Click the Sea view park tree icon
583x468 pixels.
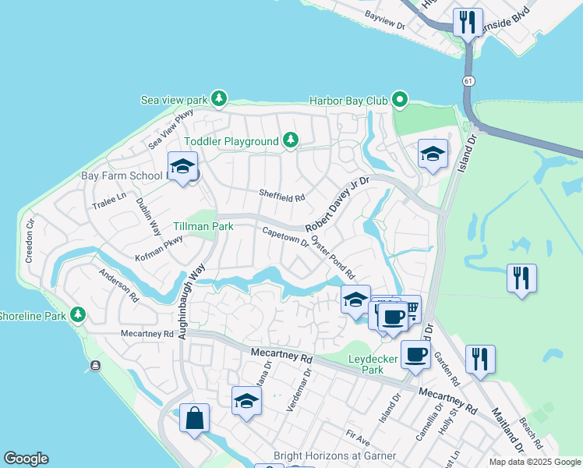point(220,98)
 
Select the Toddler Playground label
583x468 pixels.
point(231,141)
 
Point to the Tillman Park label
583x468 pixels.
point(203,226)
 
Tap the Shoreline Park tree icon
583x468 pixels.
point(77,314)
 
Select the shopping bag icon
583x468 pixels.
point(194,417)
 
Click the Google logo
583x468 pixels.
point(26,459)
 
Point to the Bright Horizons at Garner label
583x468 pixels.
point(335,456)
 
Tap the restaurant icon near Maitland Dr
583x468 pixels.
point(479,358)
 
